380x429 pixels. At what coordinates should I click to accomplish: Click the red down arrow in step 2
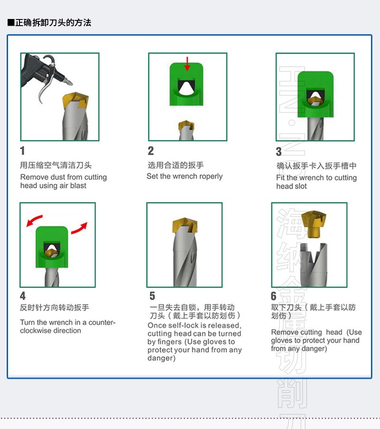tap(187, 64)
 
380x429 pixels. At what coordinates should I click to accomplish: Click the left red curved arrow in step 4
tap(34, 220)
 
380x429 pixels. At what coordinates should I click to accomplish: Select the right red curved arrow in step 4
tap(79, 228)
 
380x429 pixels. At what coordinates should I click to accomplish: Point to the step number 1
tap(22, 151)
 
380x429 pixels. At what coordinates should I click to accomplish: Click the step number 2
tap(151, 151)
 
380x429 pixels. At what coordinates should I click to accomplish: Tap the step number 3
tap(278, 152)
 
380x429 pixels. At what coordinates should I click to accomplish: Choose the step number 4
tap(23, 296)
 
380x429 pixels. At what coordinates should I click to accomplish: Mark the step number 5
tap(152, 296)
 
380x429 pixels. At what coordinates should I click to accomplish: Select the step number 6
tap(274, 296)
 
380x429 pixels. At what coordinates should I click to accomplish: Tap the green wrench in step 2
tap(186, 84)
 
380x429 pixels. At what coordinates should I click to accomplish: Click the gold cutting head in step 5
tap(185, 225)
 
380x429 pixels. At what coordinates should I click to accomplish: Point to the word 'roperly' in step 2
tap(211, 176)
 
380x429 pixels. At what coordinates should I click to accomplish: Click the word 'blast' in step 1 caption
tap(78, 185)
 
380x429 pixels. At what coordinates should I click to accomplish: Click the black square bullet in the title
tap(11, 22)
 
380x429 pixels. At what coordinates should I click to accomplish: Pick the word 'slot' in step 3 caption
tap(300, 186)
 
